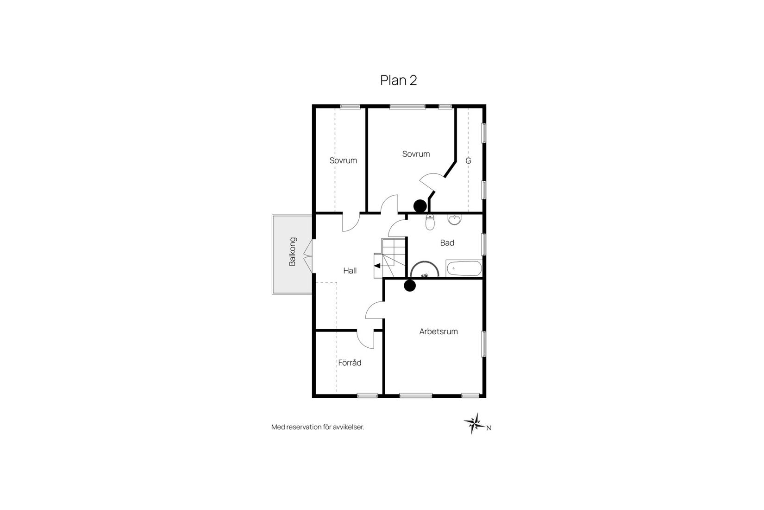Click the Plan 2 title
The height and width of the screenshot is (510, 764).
click(398, 80)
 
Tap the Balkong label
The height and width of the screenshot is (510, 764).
click(292, 252)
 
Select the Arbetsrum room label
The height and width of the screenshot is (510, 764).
click(438, 331)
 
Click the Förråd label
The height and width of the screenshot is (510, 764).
click(350, 363)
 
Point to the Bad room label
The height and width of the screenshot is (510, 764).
click(447, 242)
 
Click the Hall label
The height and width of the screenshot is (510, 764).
click(350, 270)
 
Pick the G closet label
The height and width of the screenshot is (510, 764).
click(468, 161)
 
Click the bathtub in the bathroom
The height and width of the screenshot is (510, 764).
click(464, 268)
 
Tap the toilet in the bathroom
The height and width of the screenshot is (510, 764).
click(430, 223)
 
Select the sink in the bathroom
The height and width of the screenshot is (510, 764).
click(455, 220)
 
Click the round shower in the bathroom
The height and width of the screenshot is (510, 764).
click(424, 269)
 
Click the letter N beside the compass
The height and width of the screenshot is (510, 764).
click(488, 428)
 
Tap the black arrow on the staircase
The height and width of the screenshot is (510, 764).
click(377, 266)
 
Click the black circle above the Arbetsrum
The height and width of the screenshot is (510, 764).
click(409, 286)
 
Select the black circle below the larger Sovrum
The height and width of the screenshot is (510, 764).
click(420, 205)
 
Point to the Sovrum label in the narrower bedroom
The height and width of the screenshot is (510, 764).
click(343, 160)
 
